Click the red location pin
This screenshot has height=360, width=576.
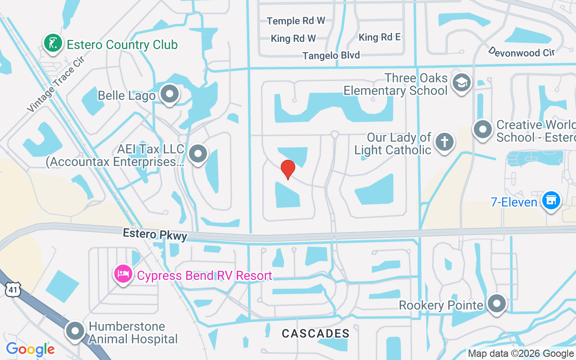pos(288,169)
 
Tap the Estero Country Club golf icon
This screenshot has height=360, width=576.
pos(53,43)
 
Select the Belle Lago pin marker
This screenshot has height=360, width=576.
pos(170,94)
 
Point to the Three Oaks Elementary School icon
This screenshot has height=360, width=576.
pos(461,83)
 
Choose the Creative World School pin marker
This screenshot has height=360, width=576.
pos(483,129)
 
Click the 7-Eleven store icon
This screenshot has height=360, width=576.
pos(550,200)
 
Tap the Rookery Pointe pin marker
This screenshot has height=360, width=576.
pos(497,304)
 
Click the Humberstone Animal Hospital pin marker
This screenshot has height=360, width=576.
pos(75,331)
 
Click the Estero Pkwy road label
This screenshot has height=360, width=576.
pos(155,234)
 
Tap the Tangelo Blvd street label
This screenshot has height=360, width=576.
pos(331,55)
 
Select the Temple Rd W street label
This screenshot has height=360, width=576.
pos(296,21)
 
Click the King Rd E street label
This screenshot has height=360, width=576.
pos(379,37)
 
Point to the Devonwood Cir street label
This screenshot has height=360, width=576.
pos(521,52)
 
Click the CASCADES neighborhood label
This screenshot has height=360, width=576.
pos(315,333)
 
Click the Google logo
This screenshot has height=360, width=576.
pos(30,349)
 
